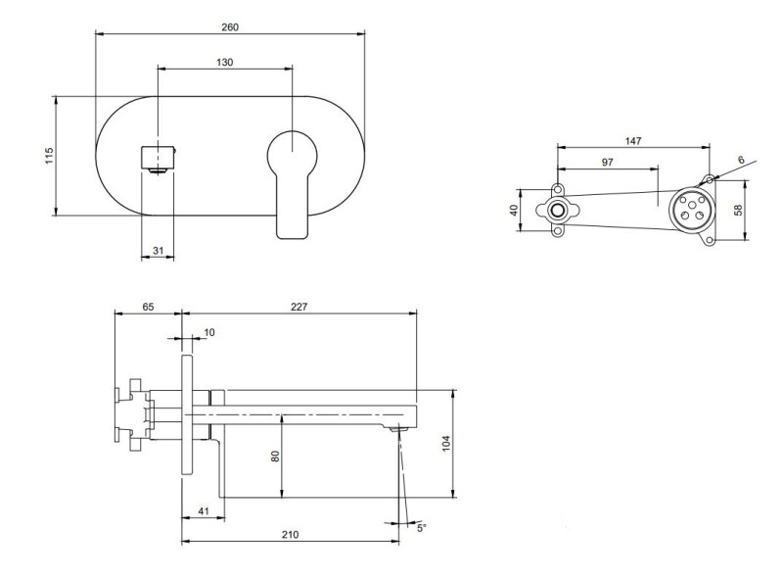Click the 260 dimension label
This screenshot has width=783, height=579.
click(x=230, y=26)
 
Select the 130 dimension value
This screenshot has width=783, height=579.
click(x=225, y=62)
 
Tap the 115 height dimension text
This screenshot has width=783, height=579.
click(x=49, y=155)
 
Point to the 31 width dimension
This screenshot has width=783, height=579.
click(x=159, y=252)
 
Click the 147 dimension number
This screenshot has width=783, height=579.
click(x=633, y=141)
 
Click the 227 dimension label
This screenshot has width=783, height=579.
click(x=299, y=307)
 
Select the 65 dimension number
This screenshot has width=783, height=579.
click(x=148, y=307)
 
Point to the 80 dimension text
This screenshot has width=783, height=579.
click(x=275, y=456)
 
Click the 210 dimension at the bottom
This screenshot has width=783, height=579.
click(x=291, y=535)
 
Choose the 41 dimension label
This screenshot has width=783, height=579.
click(x=203, y=512)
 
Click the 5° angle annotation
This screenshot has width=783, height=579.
click(x=422, y=527)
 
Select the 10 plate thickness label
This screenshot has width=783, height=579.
click(x=208, y=333)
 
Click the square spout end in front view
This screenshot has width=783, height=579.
click(x=159, y=157)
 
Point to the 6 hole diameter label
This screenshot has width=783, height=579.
click(x=740, y=159)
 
